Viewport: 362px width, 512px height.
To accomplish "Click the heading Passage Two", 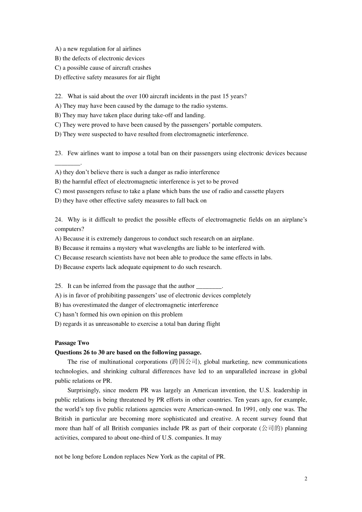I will click(72, 343).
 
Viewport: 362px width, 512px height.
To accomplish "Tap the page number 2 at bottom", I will click(306, 479).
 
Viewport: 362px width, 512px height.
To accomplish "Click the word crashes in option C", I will click(141, 68).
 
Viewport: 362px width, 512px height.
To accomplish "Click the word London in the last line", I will click(114, 457).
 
